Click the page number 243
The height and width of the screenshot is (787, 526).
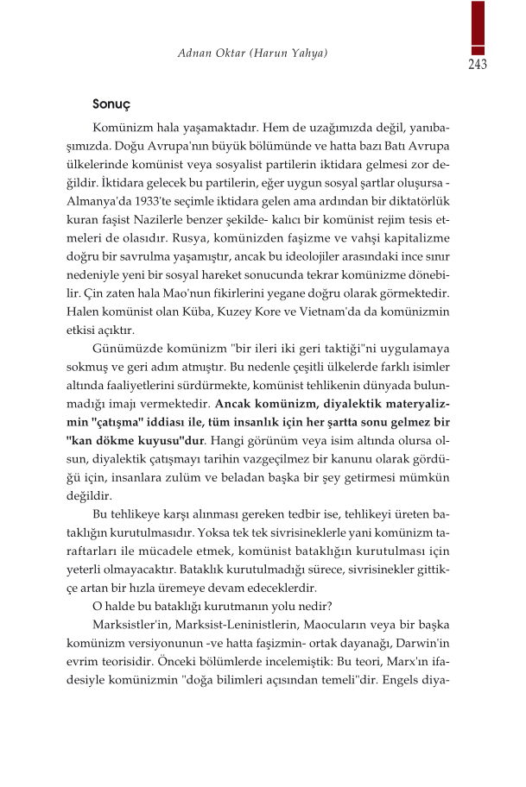tap(478, 65)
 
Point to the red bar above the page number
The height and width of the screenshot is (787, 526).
tap(478, 26)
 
